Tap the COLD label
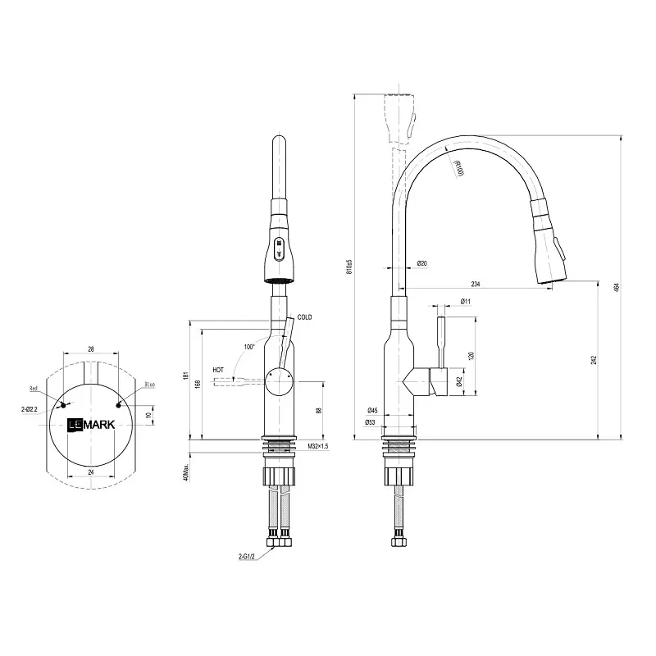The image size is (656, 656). coord(305,317)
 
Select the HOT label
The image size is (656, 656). coord(218,371)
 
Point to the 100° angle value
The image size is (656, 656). coord(249,347)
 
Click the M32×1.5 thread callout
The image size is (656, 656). coord(318,446)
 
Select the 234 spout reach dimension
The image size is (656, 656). coord(476,284)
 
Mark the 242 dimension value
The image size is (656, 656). coord(593,360)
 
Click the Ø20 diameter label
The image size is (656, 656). coord(421,263)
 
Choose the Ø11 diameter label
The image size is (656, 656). coord(465,302)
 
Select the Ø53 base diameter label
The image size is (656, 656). coord(371,423)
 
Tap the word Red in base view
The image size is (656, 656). coord(34,388)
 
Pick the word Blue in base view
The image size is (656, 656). coord(149,385)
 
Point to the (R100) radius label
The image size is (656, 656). coord(458,168)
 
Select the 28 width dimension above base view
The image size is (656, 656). coord(90,348)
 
